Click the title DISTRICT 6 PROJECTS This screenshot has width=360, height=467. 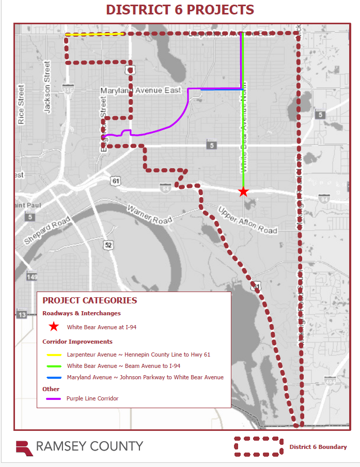pos(180,10)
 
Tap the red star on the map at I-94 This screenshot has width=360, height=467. pos(243,191)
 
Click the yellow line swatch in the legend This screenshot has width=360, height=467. pos(53,355)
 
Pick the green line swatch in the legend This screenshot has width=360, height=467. pos(53,366)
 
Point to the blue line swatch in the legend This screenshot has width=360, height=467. pos(53,378)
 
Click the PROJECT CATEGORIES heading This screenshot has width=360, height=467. pos(89,300)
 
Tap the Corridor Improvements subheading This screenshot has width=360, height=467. pos(77,342)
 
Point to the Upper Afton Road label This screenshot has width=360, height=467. pos(247,220)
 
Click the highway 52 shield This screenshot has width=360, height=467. pos(108,245)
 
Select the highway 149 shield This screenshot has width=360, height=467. pos(32,277)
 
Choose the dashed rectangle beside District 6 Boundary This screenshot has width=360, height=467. pos(258,446)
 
